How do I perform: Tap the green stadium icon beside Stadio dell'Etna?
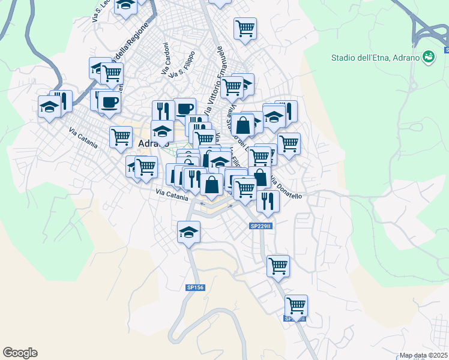coord(429,58)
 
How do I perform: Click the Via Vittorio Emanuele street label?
coord(214,81)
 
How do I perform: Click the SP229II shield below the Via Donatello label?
coord(261,226)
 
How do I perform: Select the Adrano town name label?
coord(153,144)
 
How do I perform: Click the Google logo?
coord(20,353)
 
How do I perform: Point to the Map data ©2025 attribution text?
coord(423,355)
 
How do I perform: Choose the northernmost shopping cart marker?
coord(245,28)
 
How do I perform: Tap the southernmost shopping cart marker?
coord(296,305)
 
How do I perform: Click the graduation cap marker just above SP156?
coord(188,232)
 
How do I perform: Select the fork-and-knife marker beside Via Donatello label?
coord(268,201)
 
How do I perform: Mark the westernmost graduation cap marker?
coord(49,107)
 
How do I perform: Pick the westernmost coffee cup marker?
coord(109,102)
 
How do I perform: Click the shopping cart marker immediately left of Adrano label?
coord(121,137)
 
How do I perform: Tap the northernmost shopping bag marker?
coord(243,126)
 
